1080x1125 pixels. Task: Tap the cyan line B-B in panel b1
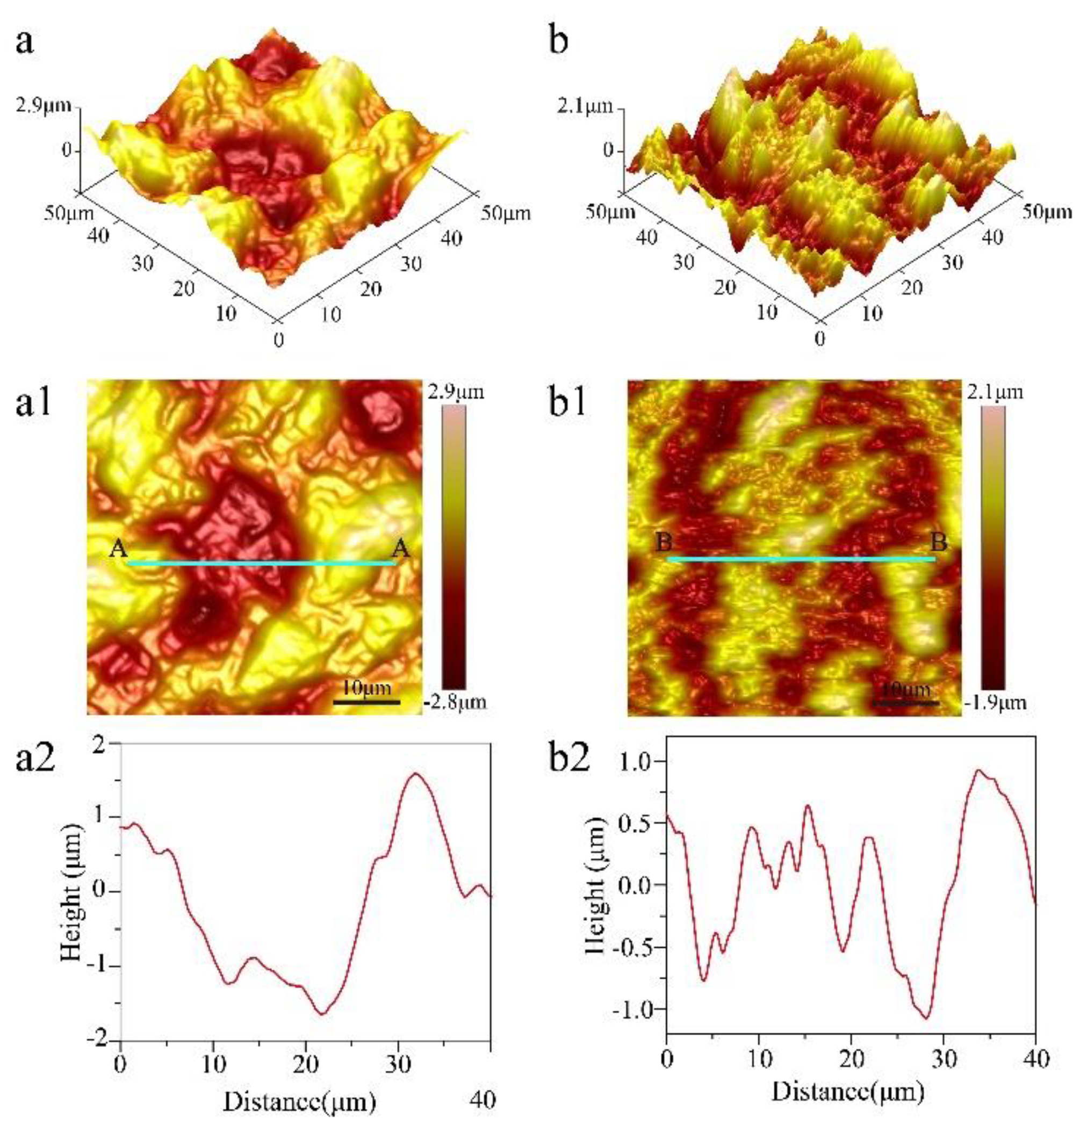coord(801,559)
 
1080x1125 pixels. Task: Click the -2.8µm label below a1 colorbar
coord(457,703)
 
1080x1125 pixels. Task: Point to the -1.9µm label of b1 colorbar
coord(996,703)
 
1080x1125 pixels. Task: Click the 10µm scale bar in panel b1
coord(905,702)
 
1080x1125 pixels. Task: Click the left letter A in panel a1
coord(118,549)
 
